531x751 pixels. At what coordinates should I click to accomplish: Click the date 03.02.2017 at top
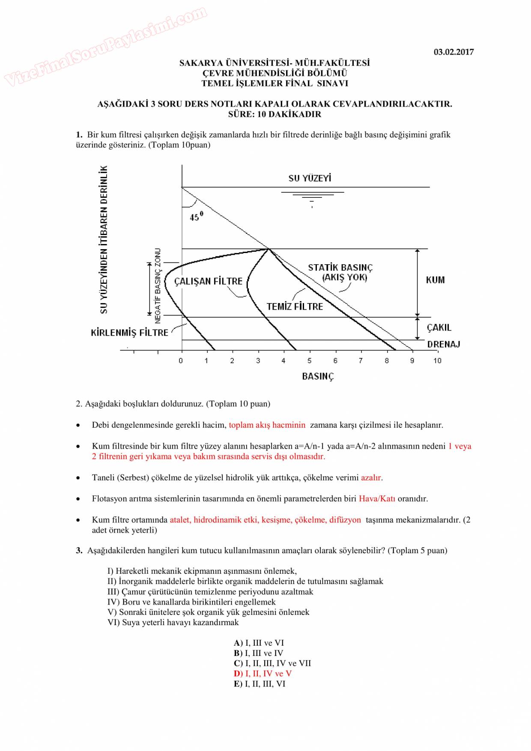453,52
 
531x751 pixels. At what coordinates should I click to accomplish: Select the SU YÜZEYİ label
310,178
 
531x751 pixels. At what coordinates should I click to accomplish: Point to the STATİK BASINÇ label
340,268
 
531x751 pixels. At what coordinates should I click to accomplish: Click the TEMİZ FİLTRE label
295,307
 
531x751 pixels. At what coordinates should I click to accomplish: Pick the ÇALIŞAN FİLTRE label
208,281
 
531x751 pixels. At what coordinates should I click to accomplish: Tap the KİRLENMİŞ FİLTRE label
129,333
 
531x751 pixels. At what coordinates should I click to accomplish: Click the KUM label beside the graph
435,280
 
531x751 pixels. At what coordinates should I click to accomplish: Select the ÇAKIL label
439,328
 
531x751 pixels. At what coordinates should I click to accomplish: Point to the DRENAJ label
444,344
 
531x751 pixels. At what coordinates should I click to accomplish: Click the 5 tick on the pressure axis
309,361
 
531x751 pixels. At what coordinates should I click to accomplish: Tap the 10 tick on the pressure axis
437,361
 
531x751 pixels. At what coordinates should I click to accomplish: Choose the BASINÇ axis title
318,376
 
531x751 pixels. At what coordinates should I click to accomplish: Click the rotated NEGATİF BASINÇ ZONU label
158,286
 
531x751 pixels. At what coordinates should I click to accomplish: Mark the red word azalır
371,477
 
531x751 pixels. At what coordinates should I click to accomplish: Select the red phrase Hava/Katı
377,498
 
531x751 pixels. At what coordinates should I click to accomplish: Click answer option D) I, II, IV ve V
263,674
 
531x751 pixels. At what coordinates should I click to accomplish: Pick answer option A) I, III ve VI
259,643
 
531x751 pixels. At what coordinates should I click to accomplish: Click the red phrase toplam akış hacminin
267,425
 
